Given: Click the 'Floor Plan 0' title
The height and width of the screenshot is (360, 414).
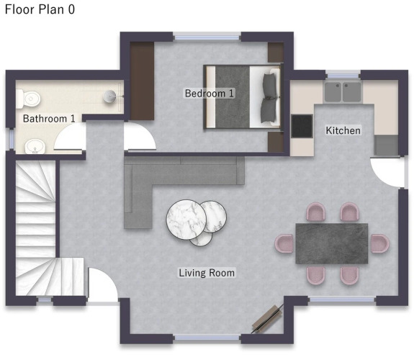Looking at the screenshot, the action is click(x=40, y=9).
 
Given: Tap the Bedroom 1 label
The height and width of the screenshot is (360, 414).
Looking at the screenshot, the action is click(x=210, y=93).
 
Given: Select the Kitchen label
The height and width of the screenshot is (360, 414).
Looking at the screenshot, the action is click(x=343, y=130).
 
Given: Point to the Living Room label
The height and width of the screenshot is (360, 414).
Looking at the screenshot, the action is click(x=207, y=273).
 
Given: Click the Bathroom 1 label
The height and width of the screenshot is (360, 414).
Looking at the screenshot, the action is click(x=49, y=119).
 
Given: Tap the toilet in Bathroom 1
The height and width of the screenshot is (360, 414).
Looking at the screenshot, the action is click(x=28, y=99).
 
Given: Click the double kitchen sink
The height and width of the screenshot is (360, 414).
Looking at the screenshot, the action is click(x=343, y=92).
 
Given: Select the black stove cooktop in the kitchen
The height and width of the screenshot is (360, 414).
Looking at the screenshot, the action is click(x=302, y=126).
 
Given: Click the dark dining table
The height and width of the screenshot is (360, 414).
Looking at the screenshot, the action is click(x=332, y=243).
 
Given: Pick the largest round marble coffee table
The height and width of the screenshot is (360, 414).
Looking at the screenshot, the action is click(x=186, y=220).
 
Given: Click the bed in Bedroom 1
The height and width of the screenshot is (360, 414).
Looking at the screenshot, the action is click(x=243, y=97).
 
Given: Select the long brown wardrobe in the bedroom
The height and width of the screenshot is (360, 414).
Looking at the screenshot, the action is click(x=142, y=81).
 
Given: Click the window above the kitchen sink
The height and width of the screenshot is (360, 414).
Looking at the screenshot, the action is click(x=343, y=76).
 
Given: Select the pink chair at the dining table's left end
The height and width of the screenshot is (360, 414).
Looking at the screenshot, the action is click(x=284, y=243).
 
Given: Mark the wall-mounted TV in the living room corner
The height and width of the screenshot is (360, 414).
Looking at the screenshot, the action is click(x=267, y=319).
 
